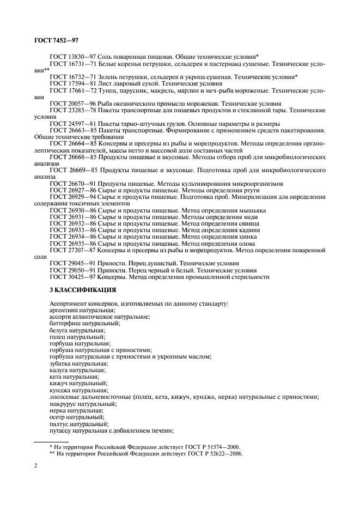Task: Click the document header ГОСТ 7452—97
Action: tap(48, 40)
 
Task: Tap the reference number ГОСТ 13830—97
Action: tap(72, 56)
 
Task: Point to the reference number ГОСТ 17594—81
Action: tap(72, 83)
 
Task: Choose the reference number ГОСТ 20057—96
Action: tap(72, 104)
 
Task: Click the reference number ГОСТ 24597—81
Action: tap(72, 124)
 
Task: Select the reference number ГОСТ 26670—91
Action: tap(72, 184)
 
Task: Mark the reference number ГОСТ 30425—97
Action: tap(72, 277)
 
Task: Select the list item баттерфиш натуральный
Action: tap(77, 323)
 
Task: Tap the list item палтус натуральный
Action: tap(71, 423)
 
